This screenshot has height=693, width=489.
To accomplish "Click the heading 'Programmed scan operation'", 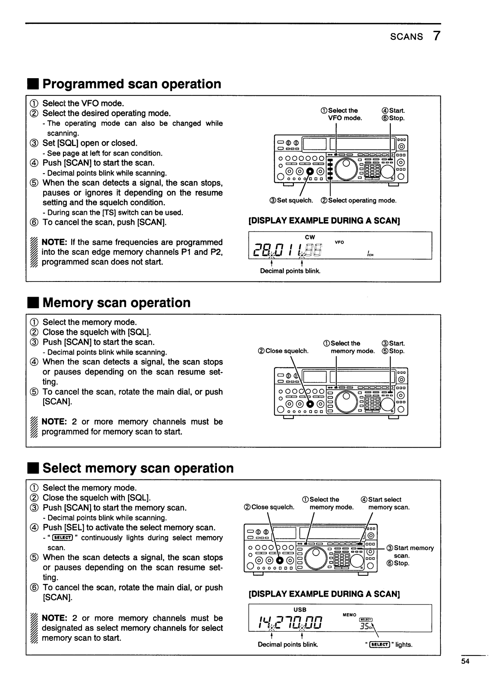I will (x=132, y=84).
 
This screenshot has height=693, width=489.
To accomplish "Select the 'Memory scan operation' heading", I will (x=116, y=303).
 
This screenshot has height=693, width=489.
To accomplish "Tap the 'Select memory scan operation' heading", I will (x=138, y=468).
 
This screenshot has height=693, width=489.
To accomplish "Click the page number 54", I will (x=465, y=661).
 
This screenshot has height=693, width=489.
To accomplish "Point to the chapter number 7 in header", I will (x=437, y=36).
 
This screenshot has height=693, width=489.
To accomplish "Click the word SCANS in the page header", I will (x=406, y=37).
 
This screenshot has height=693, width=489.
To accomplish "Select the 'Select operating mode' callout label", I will (x=359, y=200).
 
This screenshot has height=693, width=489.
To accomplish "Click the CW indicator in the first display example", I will (x=310, y=237).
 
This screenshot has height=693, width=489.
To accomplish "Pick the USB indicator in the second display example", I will (x=300, y=609).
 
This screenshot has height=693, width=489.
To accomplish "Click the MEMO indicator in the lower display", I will (x=349, y=615).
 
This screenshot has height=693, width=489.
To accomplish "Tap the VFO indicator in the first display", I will (x=339, y=242).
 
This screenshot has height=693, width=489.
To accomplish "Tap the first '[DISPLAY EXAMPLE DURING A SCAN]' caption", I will (x=324, y=221).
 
